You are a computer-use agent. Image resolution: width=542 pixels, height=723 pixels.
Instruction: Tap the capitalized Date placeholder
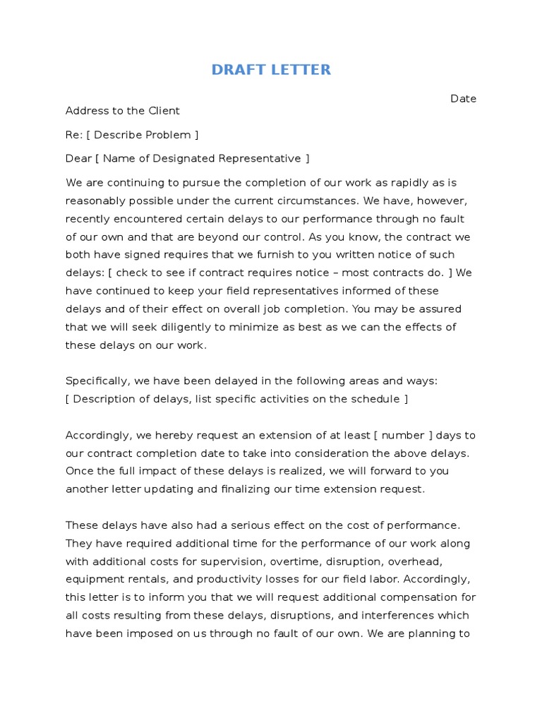[464, 99]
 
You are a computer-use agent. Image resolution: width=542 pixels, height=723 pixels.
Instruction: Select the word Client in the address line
[164, 111]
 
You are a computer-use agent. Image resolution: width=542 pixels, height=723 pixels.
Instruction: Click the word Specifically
[97, 381]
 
